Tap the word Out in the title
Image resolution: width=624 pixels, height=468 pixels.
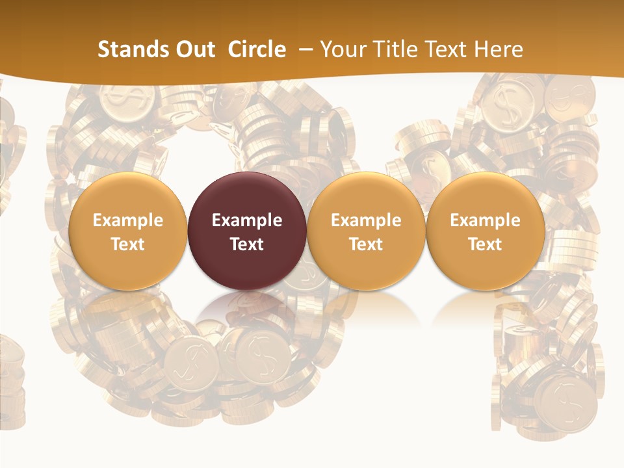[x=191, y=49]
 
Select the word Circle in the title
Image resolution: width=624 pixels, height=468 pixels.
[x=257, y=49]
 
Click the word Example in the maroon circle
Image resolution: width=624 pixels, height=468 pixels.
[x=247, y=220]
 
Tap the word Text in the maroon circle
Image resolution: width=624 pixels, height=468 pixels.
[x=247, y=244]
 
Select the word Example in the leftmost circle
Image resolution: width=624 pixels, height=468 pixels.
[x=127, y=220]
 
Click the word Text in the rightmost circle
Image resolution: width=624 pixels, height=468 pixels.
[x=485, y=244]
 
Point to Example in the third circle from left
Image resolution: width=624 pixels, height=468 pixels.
[x=366, y=220]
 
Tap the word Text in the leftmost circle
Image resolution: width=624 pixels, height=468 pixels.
[x=127, y=244]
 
